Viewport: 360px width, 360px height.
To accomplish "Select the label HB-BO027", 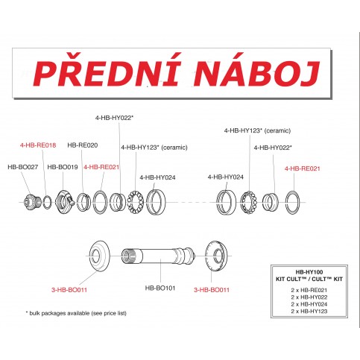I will point(22,167).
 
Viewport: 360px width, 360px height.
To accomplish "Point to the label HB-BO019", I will point(63,167).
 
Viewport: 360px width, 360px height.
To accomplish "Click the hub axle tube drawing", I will point(160,258).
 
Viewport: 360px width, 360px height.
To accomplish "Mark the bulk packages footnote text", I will point(76,313).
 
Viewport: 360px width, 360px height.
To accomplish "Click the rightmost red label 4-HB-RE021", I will point(303,168).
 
